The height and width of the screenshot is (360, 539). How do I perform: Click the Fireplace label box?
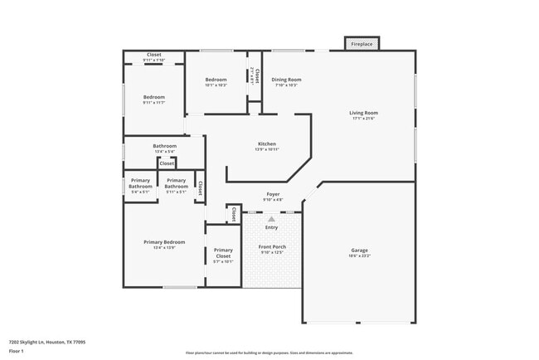(362, 44)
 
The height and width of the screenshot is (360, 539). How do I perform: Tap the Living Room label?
(363, 113)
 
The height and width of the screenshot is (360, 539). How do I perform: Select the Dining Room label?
(286, 80)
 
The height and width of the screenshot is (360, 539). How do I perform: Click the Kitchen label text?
(266, 144)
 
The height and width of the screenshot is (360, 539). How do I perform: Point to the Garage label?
(359, 251)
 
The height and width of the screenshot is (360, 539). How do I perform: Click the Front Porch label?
(271, 246)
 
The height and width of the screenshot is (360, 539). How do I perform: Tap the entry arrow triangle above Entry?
(271, 218)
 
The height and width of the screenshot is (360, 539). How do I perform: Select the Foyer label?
(273, 194)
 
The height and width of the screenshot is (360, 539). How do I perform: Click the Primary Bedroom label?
(164, 242)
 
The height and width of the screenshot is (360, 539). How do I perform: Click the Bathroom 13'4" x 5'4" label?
(164, 146)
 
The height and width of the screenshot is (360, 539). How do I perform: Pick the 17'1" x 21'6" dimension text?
(363, 119)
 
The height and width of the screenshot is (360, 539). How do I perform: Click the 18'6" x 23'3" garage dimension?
(359, 256)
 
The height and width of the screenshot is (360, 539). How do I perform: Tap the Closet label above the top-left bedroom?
(153, 55)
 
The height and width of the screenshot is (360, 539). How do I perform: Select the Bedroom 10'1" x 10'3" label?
(216, 80)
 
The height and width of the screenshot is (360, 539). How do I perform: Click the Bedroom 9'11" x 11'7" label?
(153, 97)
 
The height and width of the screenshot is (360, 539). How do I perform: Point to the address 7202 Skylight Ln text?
(46, 342)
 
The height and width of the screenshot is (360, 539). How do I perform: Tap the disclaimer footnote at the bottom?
(269, 352)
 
